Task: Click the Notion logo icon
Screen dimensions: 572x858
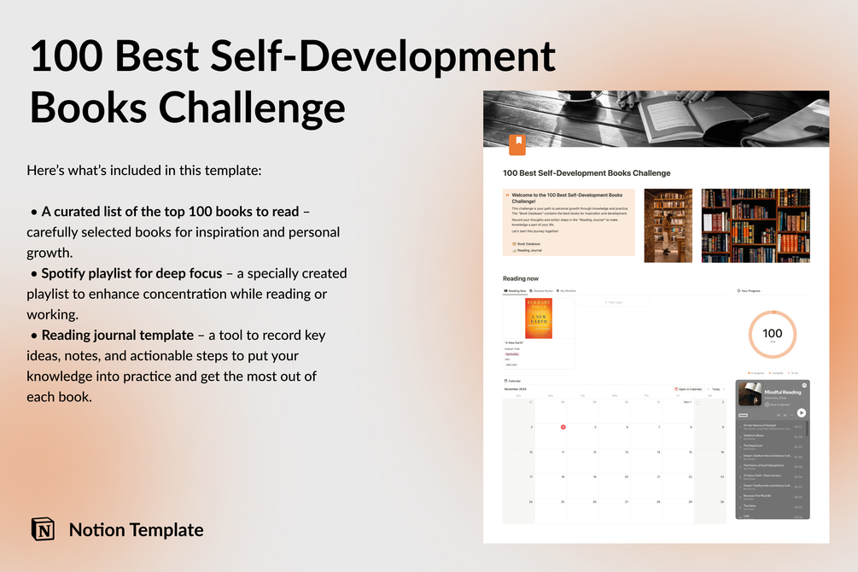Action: click(43, 529)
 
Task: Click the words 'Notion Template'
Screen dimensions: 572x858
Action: click(136, 529)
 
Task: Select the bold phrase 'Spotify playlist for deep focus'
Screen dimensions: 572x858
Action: click(131, 273)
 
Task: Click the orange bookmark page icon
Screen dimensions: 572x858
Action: click(517, 144)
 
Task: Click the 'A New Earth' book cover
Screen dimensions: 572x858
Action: click(539, 318)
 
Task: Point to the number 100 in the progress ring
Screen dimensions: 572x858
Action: click(772, 334)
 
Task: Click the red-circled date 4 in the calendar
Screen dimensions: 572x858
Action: click(563, 427)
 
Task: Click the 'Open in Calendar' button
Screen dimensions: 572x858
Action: click(690, 388)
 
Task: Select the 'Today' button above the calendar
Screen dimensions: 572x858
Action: click(716, 388)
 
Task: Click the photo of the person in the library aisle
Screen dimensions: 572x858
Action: click(668, 225)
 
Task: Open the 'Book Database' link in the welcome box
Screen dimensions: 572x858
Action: click(528, 243)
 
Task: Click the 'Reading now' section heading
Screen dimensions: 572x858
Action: click(521, 278)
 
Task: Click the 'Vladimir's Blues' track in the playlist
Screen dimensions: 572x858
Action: click(754, 435)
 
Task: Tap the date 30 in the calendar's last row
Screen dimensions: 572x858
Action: click(723, 502)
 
